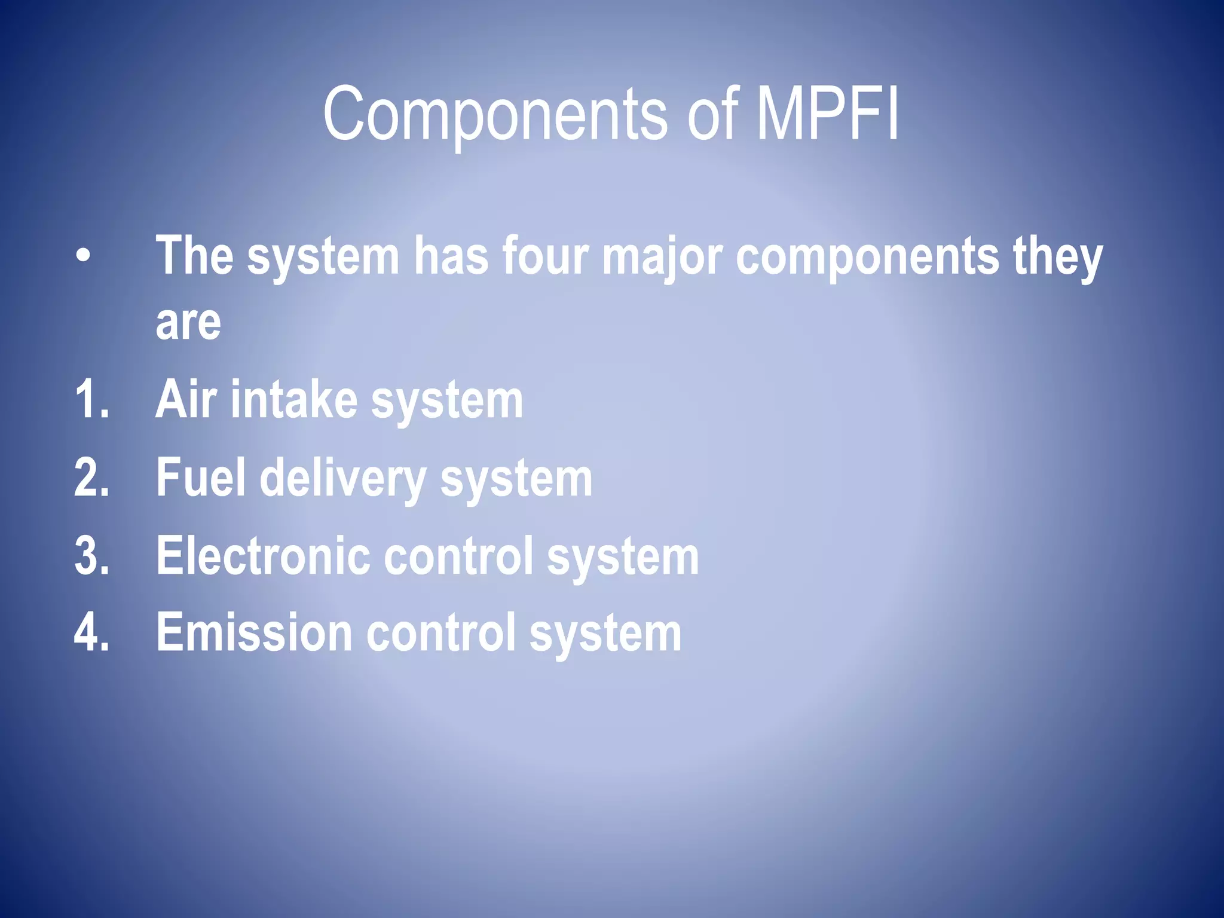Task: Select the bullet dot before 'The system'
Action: click(x=84, y=256)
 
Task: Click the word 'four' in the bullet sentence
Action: click(x=545, y=256)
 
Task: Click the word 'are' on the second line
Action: click(x=188, y=323)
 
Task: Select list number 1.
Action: click(x=92, y=399)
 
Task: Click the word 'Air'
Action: click(x=186, y=399)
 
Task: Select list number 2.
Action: click(x=92, y=478)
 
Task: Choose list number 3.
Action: click(x=92, y=556)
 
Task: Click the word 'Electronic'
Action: click(x=263, y=556)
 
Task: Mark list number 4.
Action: click(x=92, y=632)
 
